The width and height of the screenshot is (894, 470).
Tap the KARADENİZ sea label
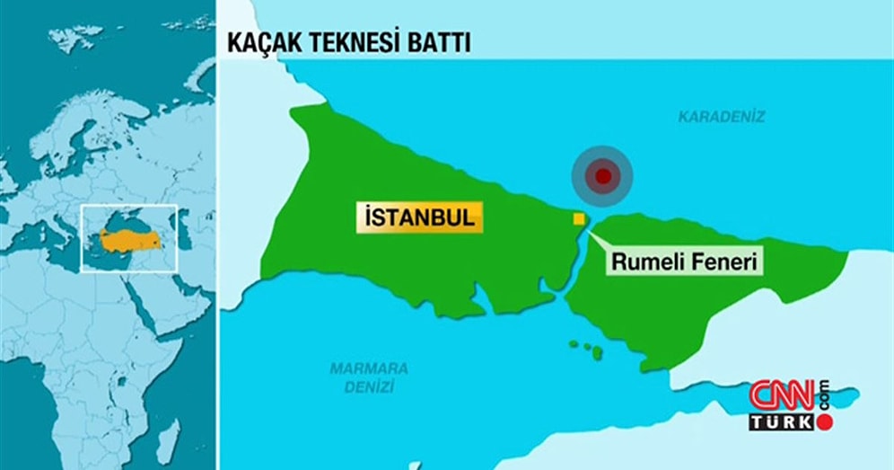click(722, 117)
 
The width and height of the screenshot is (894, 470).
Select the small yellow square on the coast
click(579, 218)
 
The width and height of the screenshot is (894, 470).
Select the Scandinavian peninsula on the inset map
click(76, 135)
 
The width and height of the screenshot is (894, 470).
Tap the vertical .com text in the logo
click(823, 393)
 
